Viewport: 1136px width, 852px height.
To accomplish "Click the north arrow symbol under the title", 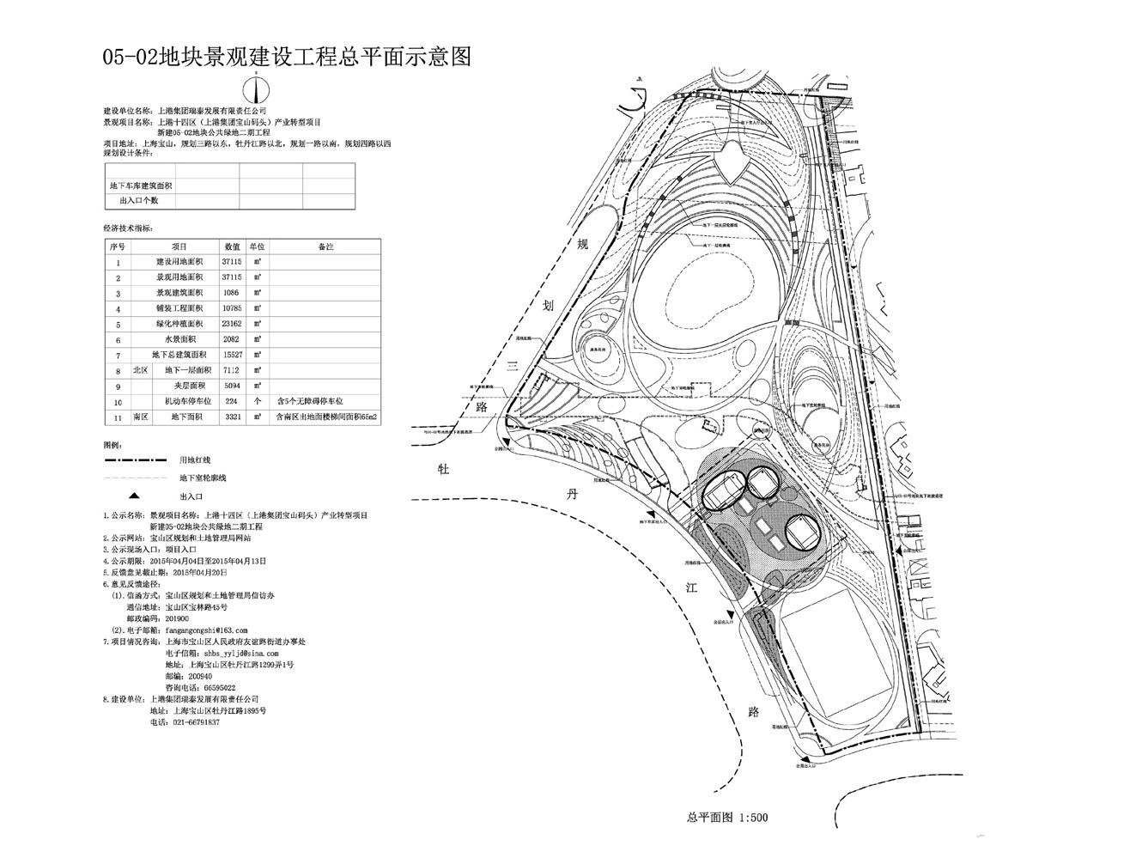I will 257,89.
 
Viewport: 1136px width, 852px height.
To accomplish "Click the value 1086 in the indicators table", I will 231,293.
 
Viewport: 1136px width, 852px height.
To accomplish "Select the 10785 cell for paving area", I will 231,308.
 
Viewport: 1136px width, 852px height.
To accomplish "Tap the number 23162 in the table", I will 231,324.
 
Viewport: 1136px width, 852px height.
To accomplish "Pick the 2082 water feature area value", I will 231,339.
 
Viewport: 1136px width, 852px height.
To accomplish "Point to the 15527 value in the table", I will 231,355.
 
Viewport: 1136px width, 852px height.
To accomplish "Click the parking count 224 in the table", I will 231,401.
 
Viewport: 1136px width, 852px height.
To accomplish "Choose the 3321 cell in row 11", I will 231,417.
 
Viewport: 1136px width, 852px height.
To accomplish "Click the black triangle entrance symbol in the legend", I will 136,496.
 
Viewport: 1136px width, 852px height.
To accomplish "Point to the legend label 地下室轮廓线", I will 203,477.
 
